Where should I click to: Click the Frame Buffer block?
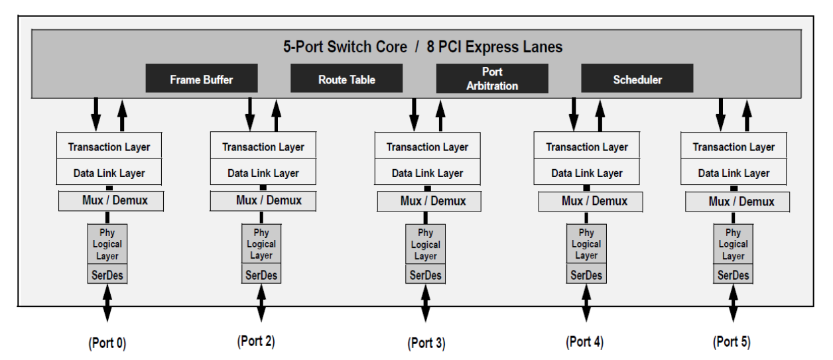[202, 79]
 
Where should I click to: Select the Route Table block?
[346, 79]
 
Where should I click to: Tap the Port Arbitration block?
[491, 78]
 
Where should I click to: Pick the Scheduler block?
[637, 79]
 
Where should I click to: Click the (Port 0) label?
[107, 343]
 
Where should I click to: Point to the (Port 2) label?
[255, 341]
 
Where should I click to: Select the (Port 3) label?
[426, 343]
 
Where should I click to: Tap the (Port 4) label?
[584, 342]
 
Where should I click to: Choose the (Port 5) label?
[732, 342]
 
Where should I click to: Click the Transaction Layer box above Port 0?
[109, 147]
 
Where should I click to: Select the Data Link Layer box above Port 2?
[263, 173]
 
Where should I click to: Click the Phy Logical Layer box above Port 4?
[586, 244]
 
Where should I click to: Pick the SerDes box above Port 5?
[733, 275]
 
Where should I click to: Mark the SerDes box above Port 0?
[107, 274]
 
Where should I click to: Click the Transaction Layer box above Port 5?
[734, 147]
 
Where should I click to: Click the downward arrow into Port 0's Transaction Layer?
[96, 114]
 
